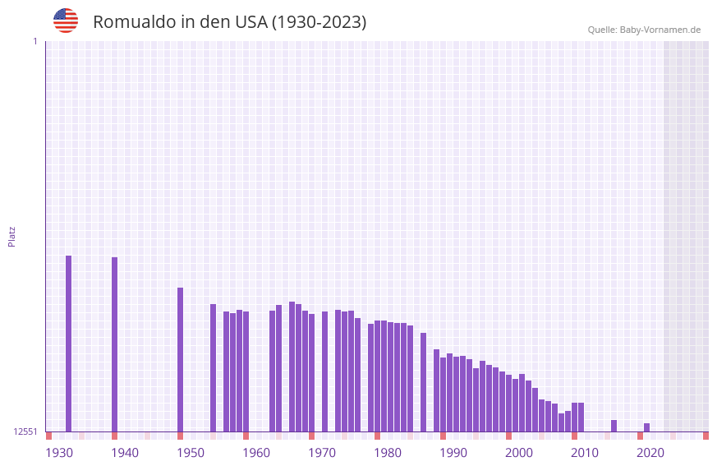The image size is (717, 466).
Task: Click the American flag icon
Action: point(66,21)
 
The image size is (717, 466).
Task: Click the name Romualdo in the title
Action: point(132,22)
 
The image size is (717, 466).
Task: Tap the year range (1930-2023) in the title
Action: point(319,22)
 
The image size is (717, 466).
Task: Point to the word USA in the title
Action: point(250,22)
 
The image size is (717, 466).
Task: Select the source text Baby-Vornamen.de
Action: point(660,30)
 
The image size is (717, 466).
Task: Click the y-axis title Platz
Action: point(11,236)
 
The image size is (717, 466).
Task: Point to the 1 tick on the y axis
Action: point(34,41)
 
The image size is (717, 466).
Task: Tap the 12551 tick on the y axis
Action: point(25,431)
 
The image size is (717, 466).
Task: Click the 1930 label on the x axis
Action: point(59,453)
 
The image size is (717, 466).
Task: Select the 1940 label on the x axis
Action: point(125,453)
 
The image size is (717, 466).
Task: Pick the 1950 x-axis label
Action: point(191,453)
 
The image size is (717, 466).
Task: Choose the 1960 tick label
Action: point(256,453)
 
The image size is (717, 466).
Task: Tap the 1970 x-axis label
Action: point(322,453)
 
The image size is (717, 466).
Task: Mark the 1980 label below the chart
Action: point(388,453)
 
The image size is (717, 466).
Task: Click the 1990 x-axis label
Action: point(453,453)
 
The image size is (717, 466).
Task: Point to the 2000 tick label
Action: point(519,453)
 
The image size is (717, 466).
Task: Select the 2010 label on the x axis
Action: point(585,453)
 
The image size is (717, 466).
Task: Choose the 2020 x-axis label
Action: point(650,453)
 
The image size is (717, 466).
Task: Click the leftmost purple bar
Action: point(68,344)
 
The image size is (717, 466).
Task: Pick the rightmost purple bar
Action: point(647,427)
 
